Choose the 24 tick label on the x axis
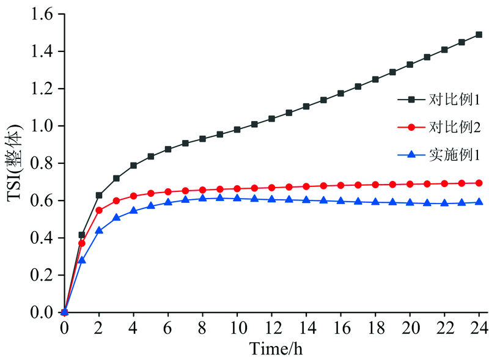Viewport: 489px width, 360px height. (x=479, y=329)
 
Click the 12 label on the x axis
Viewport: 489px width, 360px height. (x=271, y=329)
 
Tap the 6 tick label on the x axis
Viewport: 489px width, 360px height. (x=168, y=329)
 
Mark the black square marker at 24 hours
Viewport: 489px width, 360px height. (x=479, y=35)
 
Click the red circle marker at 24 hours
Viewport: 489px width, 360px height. (x=479, y=183)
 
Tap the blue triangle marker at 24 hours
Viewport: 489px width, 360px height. (x=479, y=202)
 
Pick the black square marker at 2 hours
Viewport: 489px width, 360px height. (x=99, y=195)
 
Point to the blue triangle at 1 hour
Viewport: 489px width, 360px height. (x=82, y=260)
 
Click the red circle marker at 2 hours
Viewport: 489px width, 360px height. (x=99, y=210)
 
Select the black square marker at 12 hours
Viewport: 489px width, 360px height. (x=271, y=119)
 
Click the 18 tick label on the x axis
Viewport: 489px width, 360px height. (x=375, y=329)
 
